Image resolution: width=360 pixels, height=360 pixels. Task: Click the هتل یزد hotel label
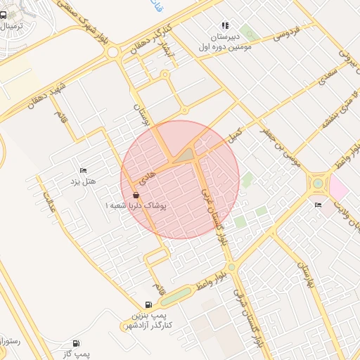(82, 182)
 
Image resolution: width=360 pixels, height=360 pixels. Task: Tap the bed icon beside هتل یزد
(83, 170)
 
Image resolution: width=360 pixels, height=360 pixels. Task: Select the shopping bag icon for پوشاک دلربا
(136, 195)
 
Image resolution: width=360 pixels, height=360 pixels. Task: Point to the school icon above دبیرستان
(224, 25)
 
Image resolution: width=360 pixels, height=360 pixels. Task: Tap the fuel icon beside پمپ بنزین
(148, 304)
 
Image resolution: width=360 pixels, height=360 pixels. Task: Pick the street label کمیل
(234, 134)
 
